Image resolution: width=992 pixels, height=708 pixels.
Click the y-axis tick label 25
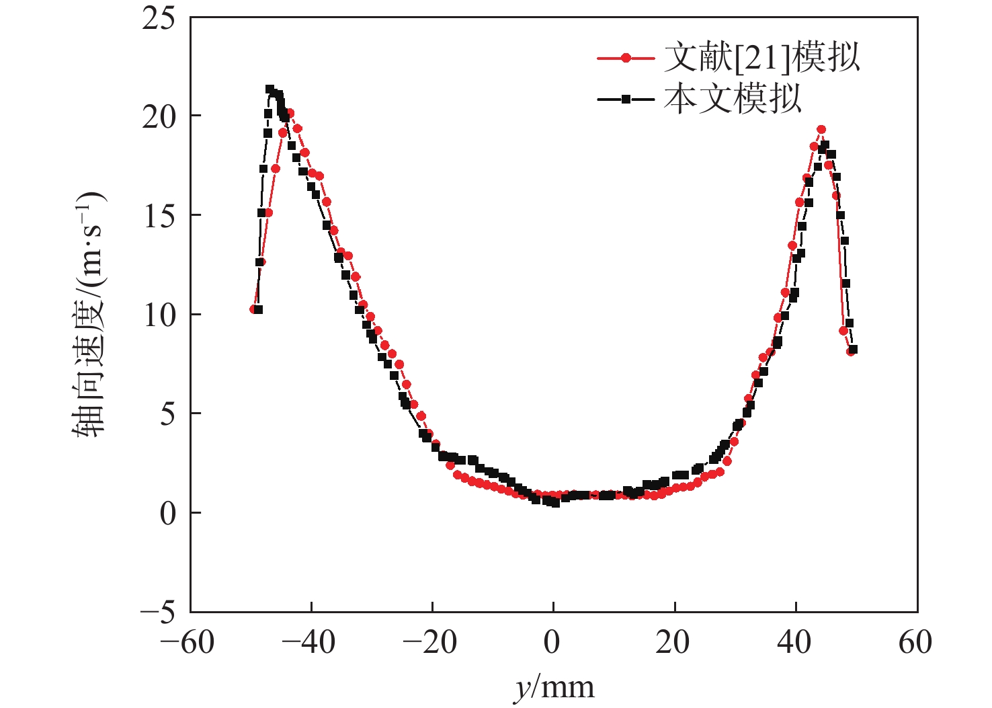[x=159, y=18]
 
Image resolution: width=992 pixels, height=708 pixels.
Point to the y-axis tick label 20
[x=159, y=117]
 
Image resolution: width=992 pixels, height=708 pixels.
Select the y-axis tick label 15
[x=159, y=216]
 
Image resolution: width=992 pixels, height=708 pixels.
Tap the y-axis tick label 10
[x=159, y=315]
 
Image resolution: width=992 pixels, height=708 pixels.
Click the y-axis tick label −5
[x=157, y=613]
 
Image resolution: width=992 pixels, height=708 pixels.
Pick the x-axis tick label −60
[x=188, y=643]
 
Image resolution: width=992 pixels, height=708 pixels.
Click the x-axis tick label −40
[x=308, y=643]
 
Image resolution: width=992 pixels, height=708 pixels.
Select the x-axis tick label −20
[x=429, y=643]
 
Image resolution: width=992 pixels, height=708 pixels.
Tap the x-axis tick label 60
[x=915, y=643]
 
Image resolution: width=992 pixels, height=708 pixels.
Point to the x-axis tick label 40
[x=794, y=643]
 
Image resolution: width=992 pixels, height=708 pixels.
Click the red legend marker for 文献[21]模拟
[x=626, y=58]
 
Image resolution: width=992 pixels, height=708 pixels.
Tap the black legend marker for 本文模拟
[x=626, y=100]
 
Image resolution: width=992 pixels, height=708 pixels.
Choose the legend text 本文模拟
[x=733, y=100]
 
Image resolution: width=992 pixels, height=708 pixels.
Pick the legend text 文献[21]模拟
[x=761, y=58]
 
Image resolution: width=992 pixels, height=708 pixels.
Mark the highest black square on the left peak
[x=270, y=89]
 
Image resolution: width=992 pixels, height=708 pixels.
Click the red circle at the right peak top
[x=821, y=130]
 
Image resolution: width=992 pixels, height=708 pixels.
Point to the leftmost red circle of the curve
[x=253, y=309]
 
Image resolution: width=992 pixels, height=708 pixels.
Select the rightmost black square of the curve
[x=854, y=350]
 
